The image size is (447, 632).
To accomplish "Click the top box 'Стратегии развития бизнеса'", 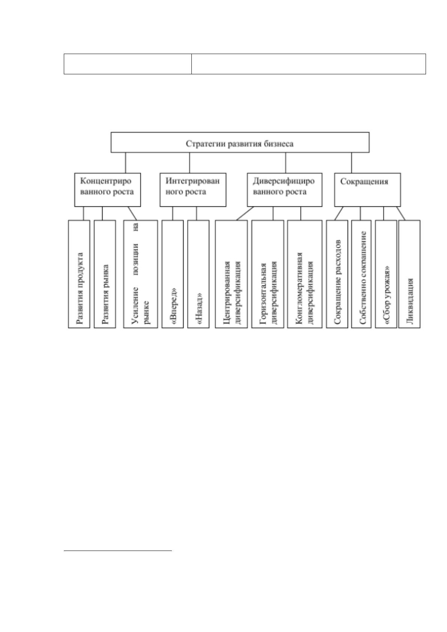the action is (x=240, y=142).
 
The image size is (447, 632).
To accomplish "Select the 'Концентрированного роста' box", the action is (x=107, y=190).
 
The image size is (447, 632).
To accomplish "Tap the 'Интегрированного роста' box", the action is (x=193, y=190).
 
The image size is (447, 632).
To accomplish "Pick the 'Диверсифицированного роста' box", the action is (x=284, y=190).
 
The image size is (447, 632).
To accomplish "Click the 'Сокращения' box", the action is (x=367, y=190).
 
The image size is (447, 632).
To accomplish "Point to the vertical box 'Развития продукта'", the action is (x=79, y=274).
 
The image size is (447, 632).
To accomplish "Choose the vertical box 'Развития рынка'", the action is (x=105, y=274).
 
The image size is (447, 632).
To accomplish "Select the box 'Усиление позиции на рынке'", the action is (x=140, y=274).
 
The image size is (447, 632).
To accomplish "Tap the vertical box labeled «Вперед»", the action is (x=172, y=274).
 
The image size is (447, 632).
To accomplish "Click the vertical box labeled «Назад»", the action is (x=199, y=274).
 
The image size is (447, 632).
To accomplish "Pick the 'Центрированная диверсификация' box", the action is (x=232, y=274).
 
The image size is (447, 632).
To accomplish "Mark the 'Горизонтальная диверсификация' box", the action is (x=268, y=274).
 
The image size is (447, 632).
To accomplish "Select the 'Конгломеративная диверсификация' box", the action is (x=305, y=274).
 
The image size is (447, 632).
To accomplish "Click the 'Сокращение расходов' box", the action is (x=337, y=274).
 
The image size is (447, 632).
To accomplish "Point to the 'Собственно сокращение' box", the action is (x=361, y=274).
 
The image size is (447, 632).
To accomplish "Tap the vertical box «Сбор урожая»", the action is (x=386, y=274).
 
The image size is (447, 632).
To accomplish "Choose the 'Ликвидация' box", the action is (x=409, y=274).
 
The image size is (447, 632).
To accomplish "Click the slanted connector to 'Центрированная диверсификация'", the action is (x=245, y=213).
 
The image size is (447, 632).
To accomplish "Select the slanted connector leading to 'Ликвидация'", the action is (x=401, y=213).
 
